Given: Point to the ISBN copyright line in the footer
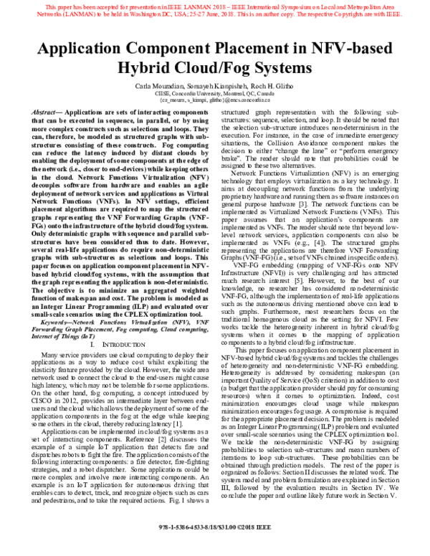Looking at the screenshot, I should [215, 545].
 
